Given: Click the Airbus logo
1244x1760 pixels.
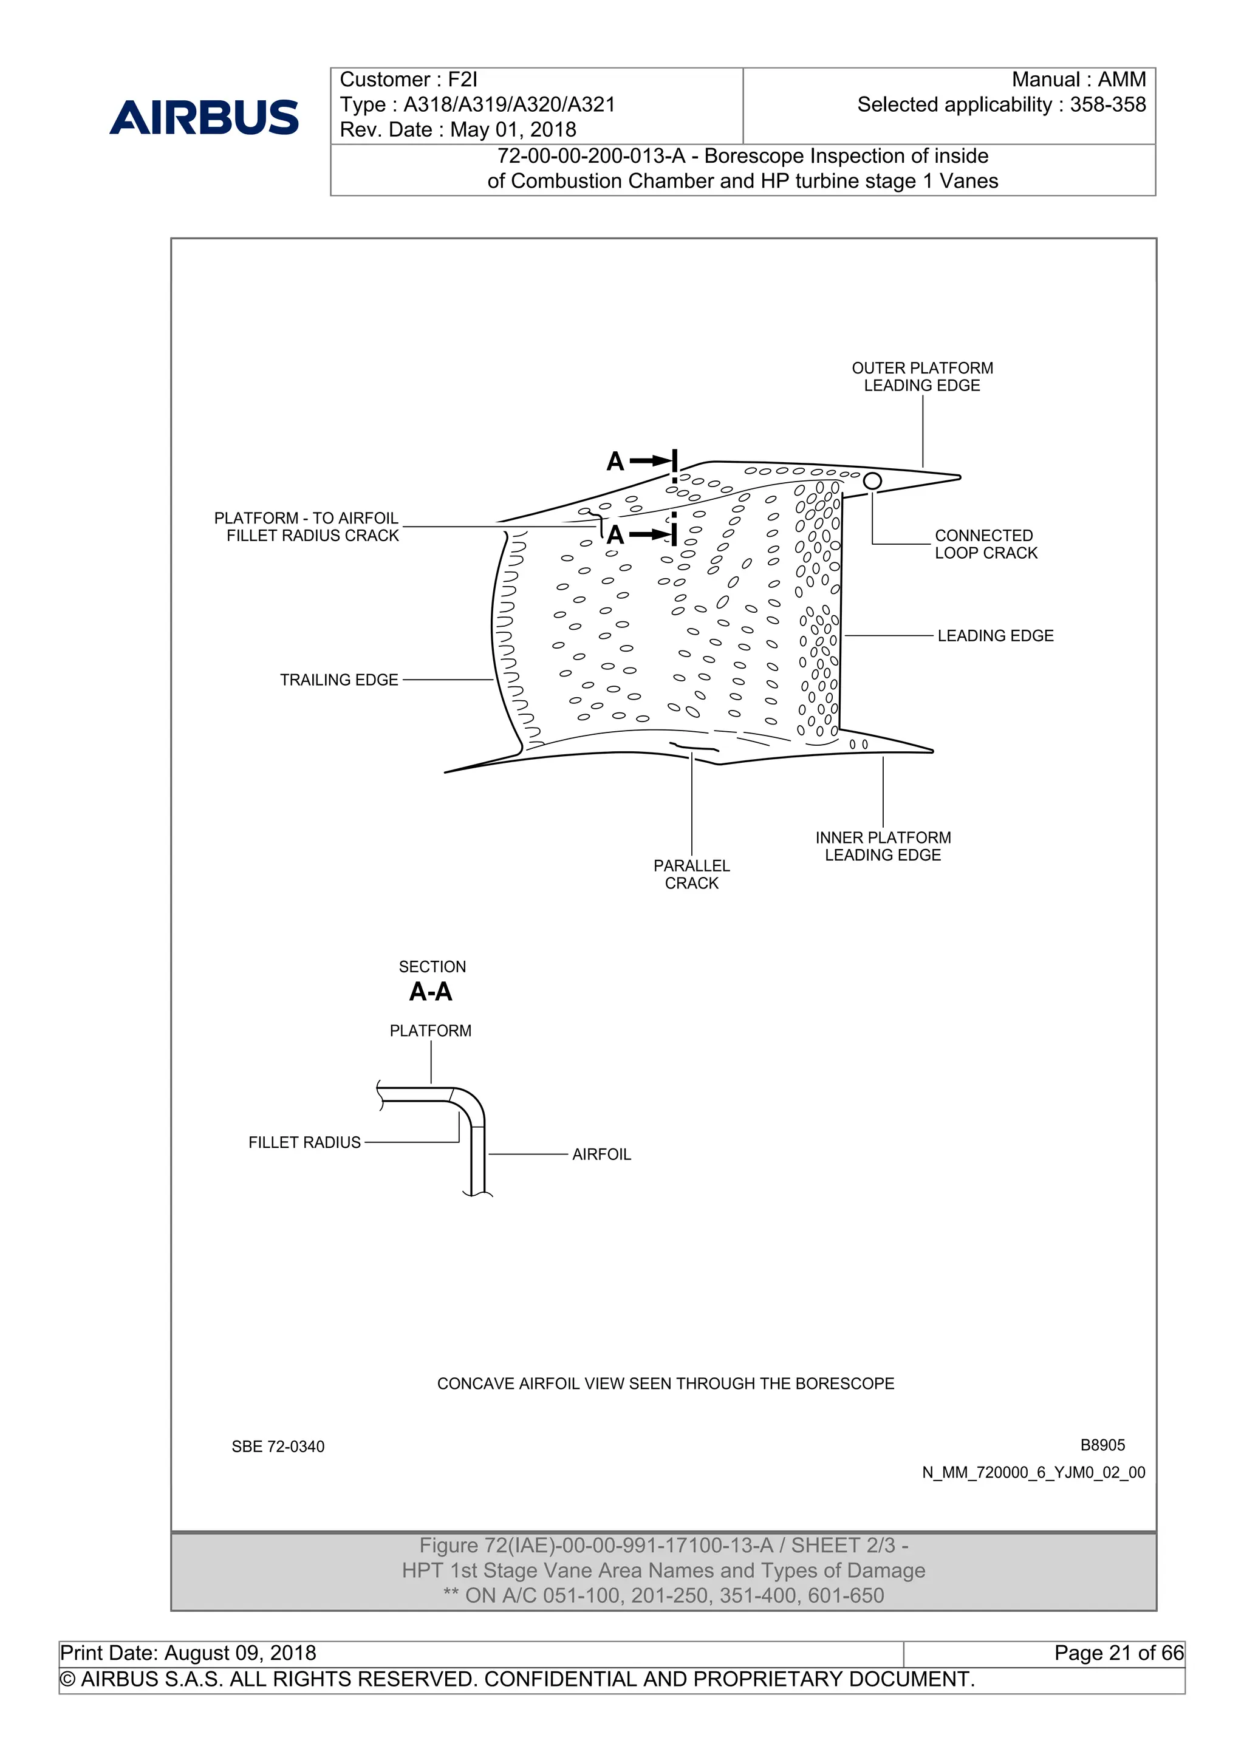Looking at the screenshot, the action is [204, 117].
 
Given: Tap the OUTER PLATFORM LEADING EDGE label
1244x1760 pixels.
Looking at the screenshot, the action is [922, 377].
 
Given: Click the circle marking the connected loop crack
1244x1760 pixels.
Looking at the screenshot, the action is [872, 480].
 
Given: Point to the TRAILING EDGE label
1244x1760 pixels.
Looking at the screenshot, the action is [339, 680].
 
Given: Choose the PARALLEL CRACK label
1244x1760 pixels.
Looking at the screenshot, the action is [691, 874].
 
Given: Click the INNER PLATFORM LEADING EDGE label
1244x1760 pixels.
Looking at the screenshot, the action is [883, 846].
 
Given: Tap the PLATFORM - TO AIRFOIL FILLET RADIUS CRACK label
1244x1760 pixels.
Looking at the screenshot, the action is [307, 527].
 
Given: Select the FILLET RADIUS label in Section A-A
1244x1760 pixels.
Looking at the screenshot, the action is [304, 1142].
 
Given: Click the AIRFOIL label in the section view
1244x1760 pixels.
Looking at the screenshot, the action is [602, 1155].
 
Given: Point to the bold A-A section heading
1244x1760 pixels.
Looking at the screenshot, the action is [431, 992].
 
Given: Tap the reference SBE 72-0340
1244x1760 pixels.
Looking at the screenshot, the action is [278, 1447].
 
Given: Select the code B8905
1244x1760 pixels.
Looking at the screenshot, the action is [1102, 1445].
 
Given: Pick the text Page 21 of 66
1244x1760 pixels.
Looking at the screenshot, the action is [1118, 1653].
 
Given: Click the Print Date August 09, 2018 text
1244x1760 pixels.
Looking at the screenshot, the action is [188, 1653].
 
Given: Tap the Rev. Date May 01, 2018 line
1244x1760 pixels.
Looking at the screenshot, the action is [457, 129].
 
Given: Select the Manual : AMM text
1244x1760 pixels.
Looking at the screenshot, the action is [1078, 80].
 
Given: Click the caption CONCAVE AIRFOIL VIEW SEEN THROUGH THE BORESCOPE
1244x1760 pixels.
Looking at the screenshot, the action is [665, 1383].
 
